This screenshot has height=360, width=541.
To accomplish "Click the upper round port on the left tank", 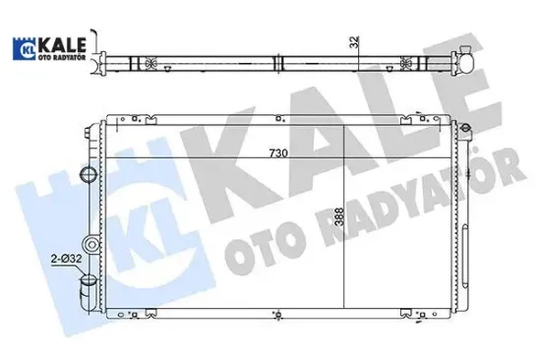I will tap(90, 176).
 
